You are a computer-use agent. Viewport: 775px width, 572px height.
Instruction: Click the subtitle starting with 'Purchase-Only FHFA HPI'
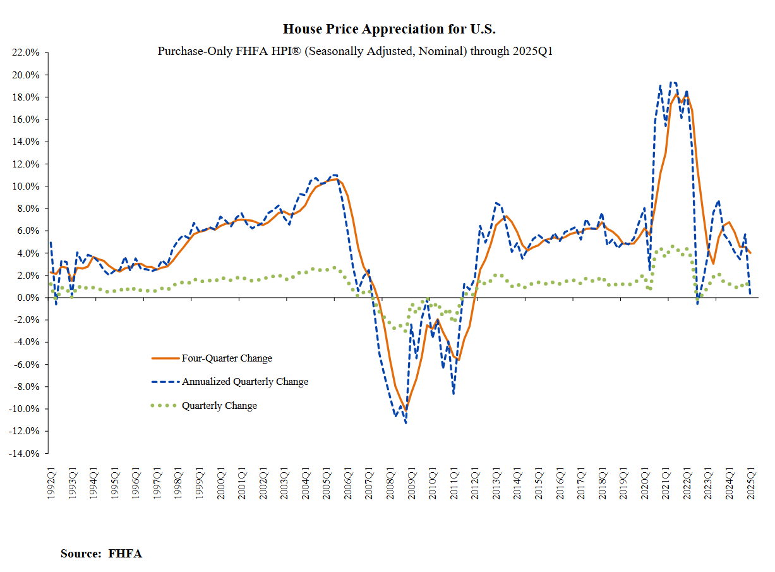pos(355,51)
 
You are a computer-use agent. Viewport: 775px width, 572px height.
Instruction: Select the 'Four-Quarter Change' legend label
pos(227,358)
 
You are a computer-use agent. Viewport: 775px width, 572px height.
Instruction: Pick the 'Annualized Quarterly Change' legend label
pos(245,382)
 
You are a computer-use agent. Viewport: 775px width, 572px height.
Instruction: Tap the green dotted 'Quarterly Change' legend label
pos(219,406)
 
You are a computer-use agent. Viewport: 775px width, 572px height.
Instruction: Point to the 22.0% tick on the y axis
pos(26,52)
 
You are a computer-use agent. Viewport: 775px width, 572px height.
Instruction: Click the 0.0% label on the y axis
pos(28,298)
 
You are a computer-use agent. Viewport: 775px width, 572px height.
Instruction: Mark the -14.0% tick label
pos(25,454)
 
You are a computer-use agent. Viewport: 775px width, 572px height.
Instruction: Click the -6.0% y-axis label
pos(27,365)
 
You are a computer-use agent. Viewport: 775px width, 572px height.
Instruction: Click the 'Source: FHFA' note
pos(101,554)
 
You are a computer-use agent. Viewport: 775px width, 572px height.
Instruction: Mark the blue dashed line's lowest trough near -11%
pos(406,422)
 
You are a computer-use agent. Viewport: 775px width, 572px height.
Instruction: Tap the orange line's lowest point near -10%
pos(406,408)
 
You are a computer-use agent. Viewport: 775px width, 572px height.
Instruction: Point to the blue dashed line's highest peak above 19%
pos(671,82)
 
